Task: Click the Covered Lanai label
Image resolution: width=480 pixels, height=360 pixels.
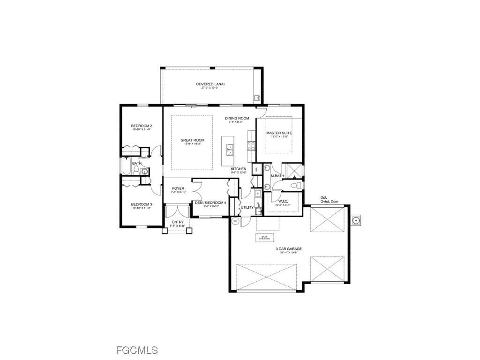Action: tap(210, 84)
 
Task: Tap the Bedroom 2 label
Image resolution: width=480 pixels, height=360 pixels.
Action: tap(141, 126)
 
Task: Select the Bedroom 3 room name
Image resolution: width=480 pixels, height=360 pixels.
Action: tap(141, 204)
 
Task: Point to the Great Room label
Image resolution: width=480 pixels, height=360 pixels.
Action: tap(191, 140)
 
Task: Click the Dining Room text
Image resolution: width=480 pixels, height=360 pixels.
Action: tap(237, 119)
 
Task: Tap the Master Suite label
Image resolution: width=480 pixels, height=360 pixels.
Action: tap(279, 133)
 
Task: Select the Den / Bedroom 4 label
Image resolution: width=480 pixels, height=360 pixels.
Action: tap(210, 202)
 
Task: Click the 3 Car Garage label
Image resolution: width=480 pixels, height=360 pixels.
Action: tap(288, 249)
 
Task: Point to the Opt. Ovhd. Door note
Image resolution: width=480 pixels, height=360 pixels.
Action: tap(330, 200)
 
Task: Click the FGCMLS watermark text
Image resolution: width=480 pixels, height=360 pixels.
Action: tap(136, 350)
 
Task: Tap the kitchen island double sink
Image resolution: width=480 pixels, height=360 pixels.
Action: tap(231, 150)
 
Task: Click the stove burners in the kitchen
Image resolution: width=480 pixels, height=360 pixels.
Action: tap(251, 145)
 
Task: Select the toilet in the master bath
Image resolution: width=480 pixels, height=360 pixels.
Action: tap(294, 187)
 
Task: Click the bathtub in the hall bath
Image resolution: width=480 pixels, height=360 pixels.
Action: tap(128, 166)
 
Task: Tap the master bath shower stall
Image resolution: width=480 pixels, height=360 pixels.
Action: tap(294, 170)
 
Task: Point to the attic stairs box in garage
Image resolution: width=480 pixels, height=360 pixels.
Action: tap(265, 238)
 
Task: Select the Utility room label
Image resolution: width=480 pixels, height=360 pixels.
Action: tap(247, 207)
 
